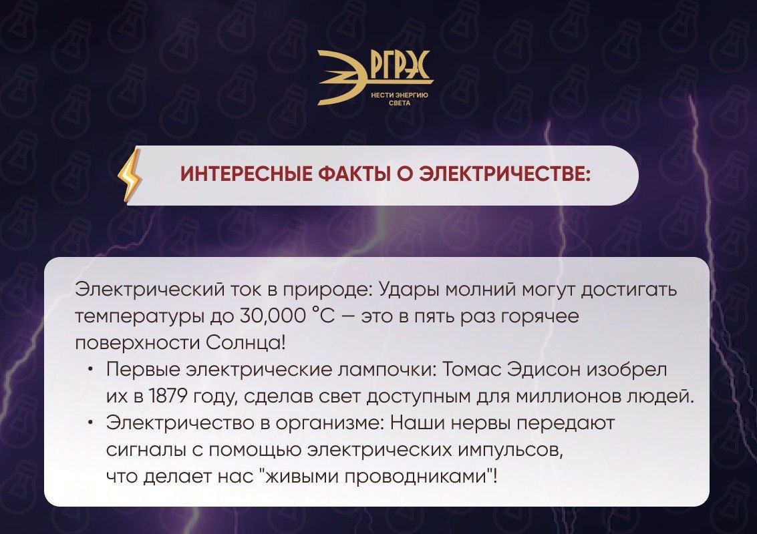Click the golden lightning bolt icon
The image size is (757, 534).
(x=130, y=176)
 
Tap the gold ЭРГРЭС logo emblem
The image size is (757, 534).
(x=375, y=77)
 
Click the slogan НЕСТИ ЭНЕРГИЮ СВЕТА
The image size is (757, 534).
(x=400, y=99)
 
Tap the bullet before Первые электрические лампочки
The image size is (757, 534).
(x=91, y=370)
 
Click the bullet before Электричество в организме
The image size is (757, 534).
(x=91, y=423)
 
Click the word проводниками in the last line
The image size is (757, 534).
(x=416, y=476)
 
